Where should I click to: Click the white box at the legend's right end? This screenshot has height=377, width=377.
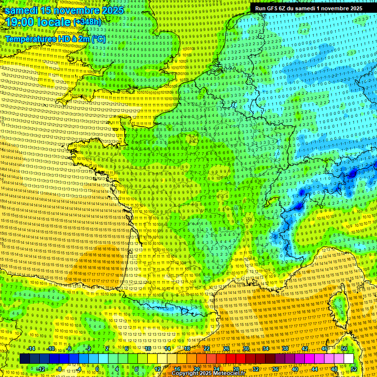pos(349,359)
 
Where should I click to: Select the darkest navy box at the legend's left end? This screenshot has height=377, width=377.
pos(25,359)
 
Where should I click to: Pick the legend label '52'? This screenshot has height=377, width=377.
pos(353,369)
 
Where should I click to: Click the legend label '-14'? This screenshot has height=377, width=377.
pos(30,349)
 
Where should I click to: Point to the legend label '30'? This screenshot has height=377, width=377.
pos(245,349)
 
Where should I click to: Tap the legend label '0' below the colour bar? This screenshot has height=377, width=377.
pos(97,369)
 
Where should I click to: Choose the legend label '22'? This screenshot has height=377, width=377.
pos(206,349)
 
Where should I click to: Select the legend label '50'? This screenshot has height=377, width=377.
pos(344,349)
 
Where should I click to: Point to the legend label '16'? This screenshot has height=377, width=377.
pos(177,369)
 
